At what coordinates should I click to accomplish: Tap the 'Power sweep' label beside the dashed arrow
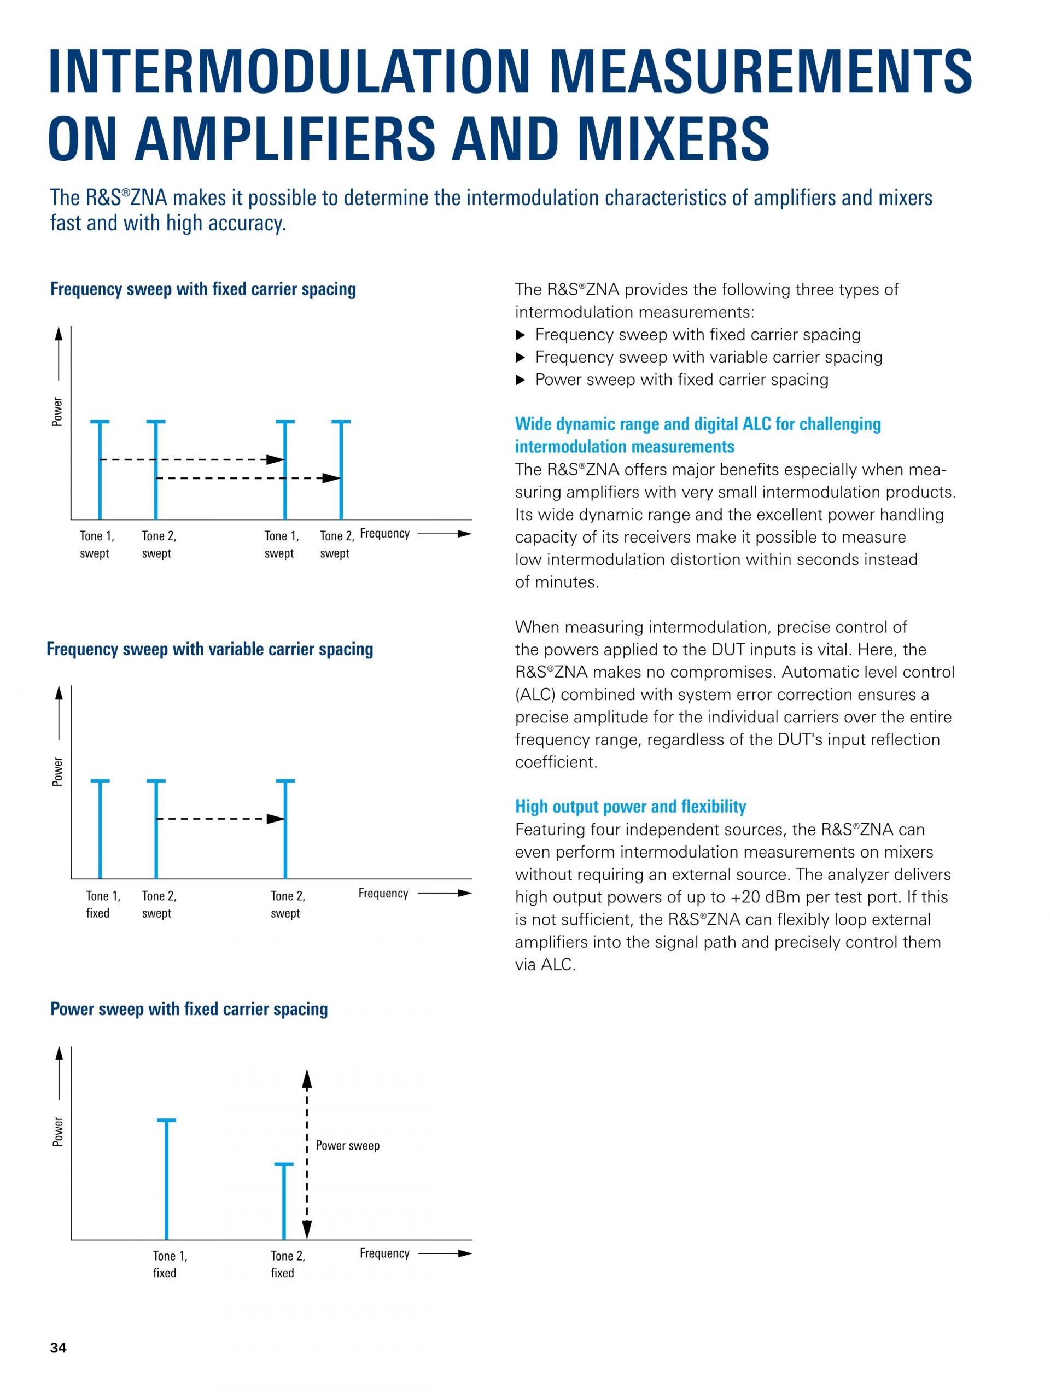[x=347, y=1145]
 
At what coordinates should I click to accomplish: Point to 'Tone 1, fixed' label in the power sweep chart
[x=170, y=1264]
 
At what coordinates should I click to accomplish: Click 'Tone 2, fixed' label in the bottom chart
[x=287, y=1264]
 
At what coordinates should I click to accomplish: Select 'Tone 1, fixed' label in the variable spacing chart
[x=102, y=905]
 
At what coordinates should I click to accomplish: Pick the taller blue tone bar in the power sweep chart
[x=166, y=1179]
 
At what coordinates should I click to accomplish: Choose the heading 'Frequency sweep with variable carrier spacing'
[x=209, y=649]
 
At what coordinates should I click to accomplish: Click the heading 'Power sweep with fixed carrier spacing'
[x=189, y=1009]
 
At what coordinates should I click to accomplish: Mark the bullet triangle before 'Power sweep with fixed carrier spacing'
[x=521, y=380]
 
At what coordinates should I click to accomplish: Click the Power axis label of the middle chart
[x=57, y=772]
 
